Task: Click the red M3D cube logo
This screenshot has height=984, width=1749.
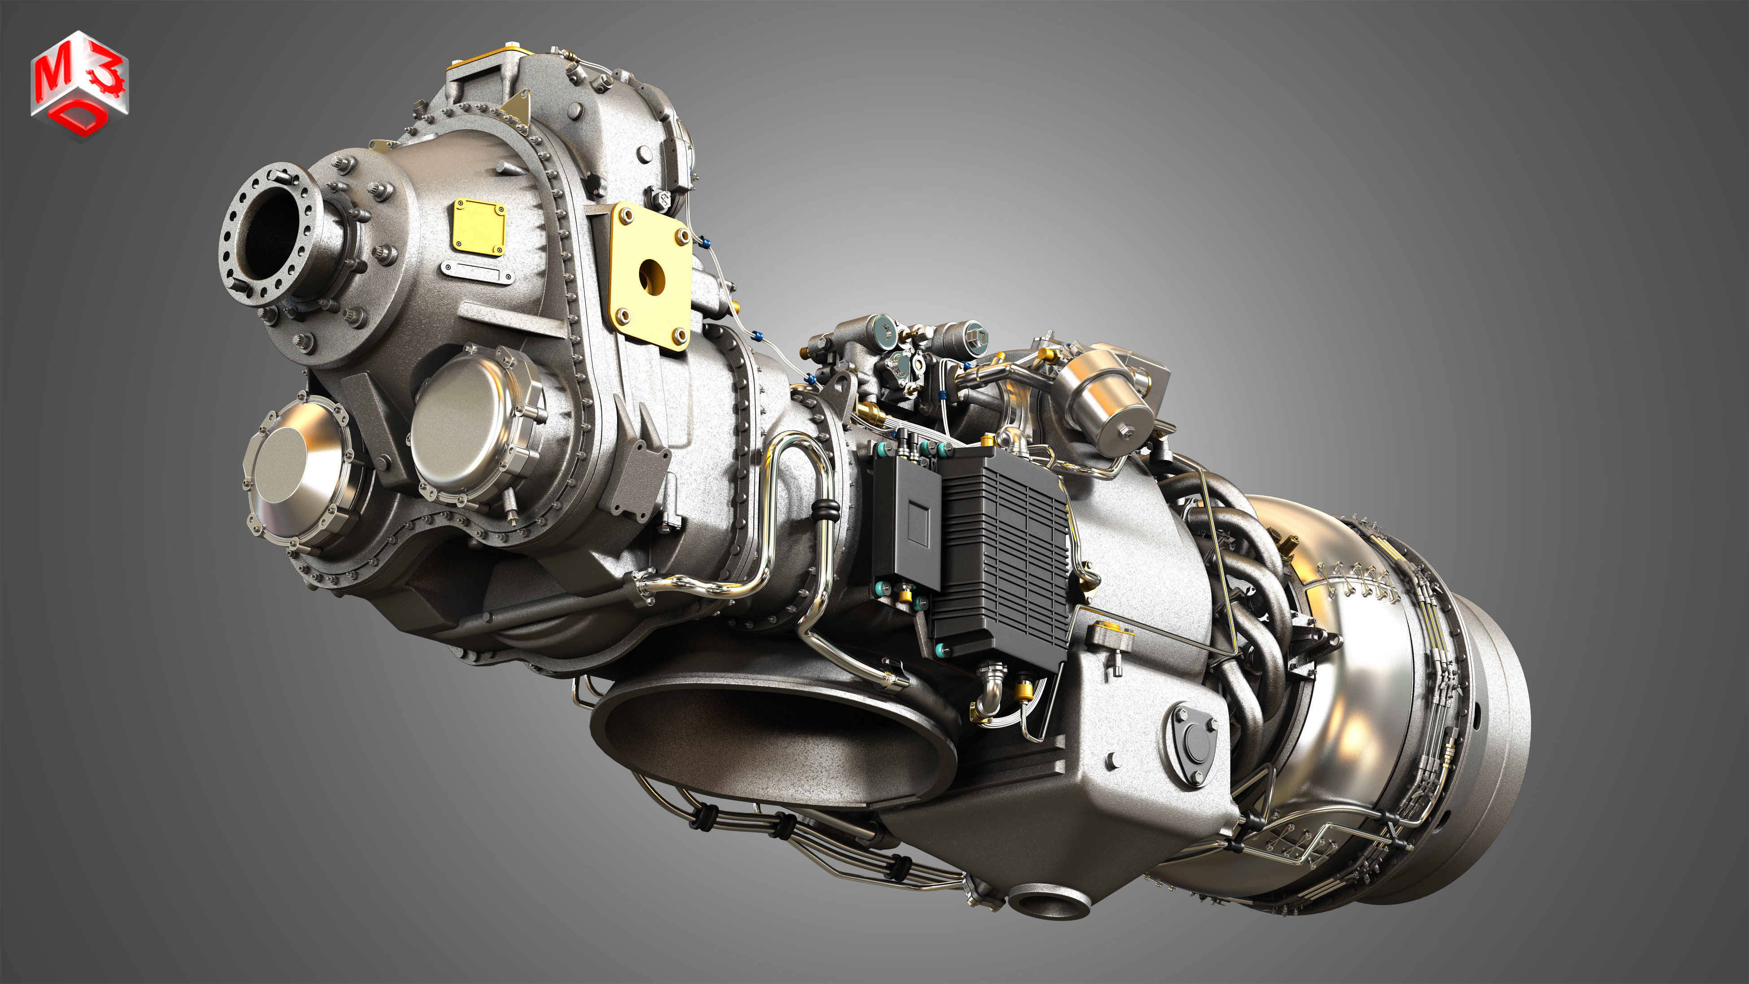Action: point(79,85)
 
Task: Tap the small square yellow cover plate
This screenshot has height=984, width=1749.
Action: point(479,226)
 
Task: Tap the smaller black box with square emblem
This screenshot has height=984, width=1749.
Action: point(906,523)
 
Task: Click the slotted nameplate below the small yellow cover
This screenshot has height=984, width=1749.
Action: point(475,270)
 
